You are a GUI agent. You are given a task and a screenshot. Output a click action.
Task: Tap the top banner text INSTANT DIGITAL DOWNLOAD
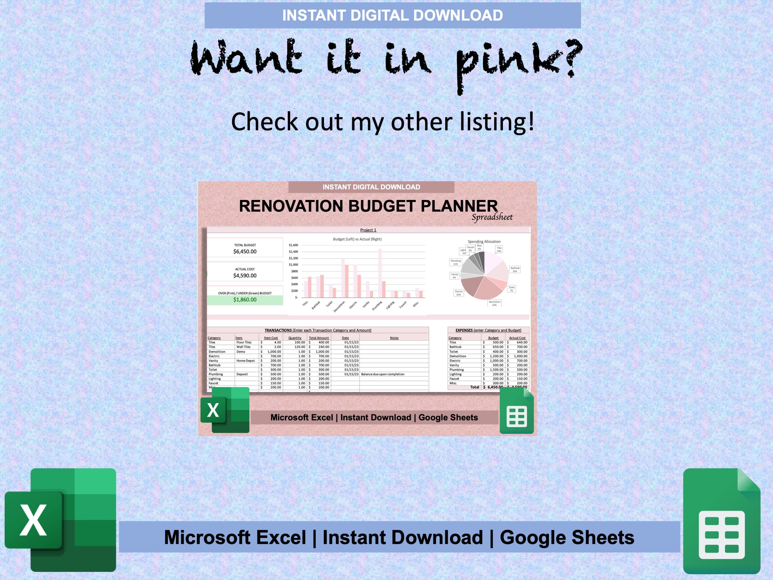(392, 15)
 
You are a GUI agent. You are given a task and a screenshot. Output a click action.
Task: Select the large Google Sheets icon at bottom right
(721, 521)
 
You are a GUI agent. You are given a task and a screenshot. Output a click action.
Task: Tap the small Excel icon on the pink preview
(225, 410)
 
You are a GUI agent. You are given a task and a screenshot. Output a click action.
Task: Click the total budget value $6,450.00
(245, 251)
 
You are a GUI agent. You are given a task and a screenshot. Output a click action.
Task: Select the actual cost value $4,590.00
(245, 275)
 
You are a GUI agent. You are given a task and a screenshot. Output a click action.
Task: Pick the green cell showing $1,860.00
(245, 300)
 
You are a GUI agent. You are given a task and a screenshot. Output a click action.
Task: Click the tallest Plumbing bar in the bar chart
(380, 273)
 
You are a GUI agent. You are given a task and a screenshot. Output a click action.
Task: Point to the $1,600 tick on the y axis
(293, 245)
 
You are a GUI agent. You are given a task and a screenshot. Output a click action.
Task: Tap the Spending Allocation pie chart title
(484, 242)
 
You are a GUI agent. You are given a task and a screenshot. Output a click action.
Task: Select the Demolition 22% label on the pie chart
(494, 303)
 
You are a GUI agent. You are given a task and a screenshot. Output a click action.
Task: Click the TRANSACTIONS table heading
(278, 330)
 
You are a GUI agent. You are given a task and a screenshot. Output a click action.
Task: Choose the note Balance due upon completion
(383, 374)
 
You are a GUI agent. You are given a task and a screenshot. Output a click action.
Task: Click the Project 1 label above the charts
(368, 230)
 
